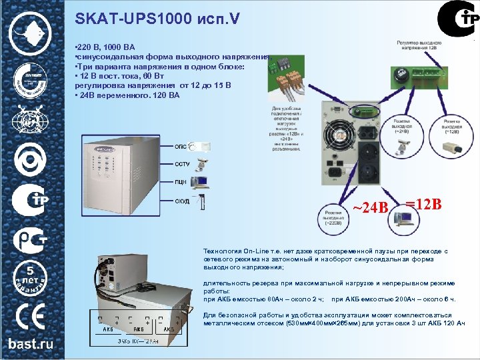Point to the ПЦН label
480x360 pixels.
(x=180, y=181)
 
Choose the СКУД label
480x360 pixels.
(x=181, y=201)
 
